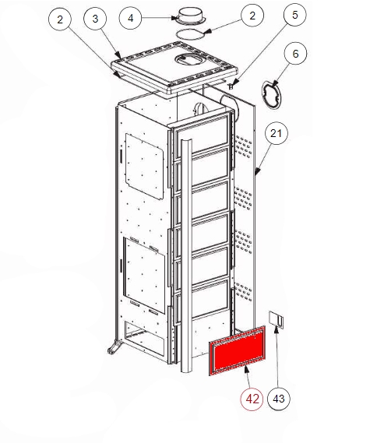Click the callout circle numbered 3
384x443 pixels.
[95, 19]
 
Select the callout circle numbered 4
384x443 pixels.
[130, 18]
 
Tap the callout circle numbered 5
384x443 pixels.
[294, 15]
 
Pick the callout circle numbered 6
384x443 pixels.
[295, 54]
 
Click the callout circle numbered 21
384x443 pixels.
[276, 133]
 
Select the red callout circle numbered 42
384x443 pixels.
[252, 399]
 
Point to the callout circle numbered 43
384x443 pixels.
[279, 399]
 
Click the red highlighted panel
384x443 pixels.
[237, 350]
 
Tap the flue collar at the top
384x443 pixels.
[190, 16]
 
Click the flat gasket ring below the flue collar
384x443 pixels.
[191, 34]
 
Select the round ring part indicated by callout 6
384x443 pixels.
[272, 95]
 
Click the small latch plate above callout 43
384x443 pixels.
[276, 320]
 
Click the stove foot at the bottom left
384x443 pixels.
[114, 347]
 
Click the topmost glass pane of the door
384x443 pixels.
[203, 135]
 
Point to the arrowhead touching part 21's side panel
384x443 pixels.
[257, 171]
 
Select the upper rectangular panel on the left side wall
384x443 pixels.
[144, 167]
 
